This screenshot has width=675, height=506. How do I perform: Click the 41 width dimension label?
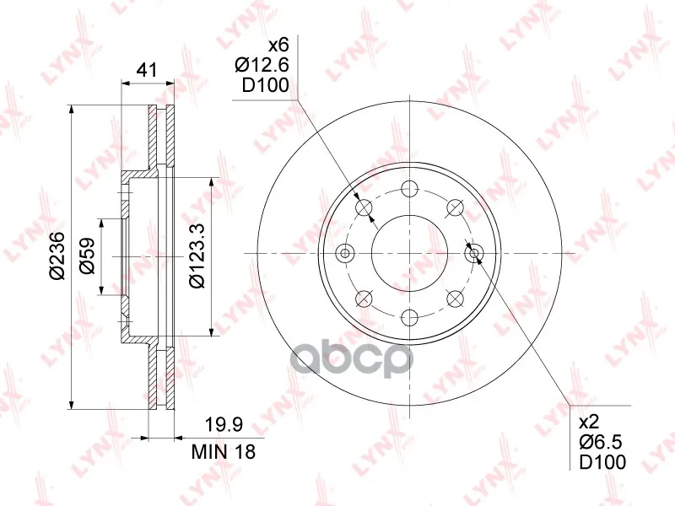[x=147, y=70]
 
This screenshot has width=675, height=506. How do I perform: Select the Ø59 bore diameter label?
[x=87, y=256]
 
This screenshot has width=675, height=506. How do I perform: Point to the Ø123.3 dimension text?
[x=197, y=256]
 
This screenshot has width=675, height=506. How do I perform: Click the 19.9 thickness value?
[x=224, y=425]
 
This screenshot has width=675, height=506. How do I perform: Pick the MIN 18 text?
[x=224, y=452]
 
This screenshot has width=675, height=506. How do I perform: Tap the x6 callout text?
[x=278, y=45]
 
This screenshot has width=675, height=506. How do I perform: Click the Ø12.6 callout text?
[x=262, y=65]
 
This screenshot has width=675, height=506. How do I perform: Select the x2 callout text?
[x=588, y=423]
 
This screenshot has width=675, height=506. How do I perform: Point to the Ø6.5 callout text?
[x=601, y=442]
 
